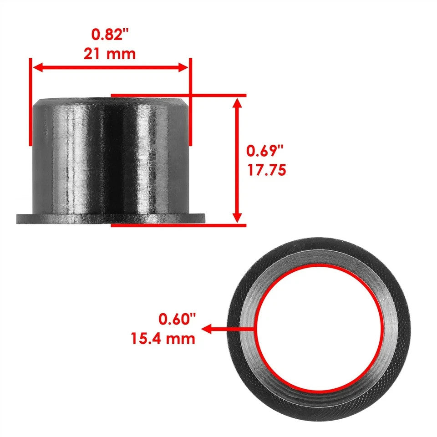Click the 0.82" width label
110,34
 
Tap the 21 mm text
110,54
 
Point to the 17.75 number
266,170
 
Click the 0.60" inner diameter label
177,319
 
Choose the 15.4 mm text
163,339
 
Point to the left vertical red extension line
30,102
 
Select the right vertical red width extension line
190,102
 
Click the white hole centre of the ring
319,328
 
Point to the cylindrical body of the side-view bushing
109,155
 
